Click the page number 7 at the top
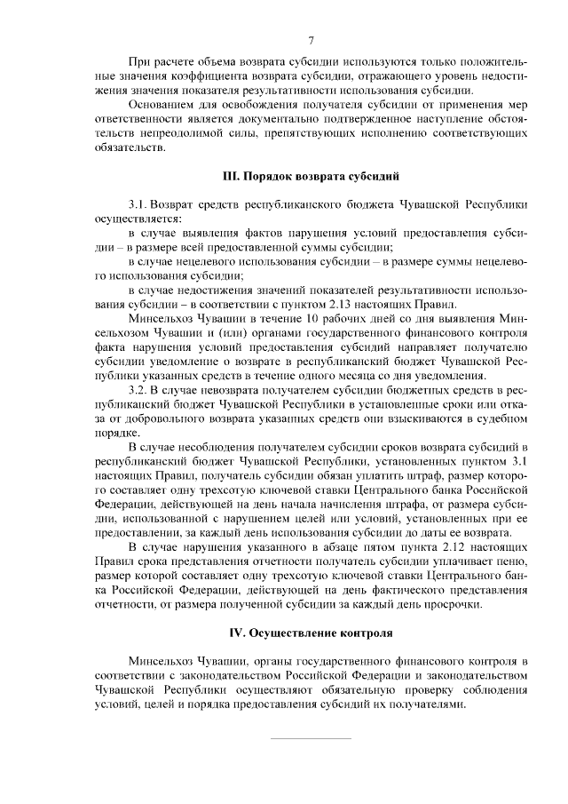tap(312, 41)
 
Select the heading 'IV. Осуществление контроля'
tap(311, 633)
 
